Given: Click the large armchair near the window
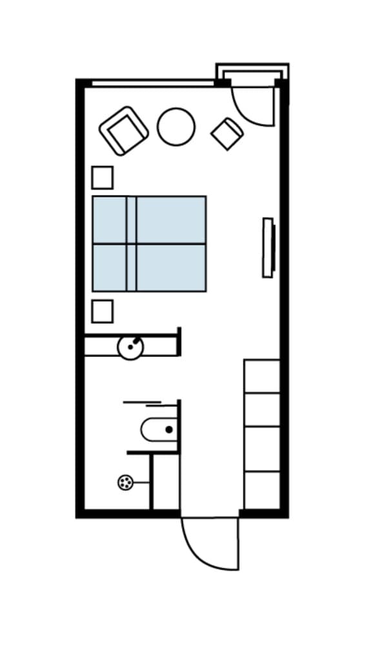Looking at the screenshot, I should [124, 131].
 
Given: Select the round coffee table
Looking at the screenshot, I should [176, 126].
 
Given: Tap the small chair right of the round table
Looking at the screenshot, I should [227, 134].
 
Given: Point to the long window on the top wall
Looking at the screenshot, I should [152, 83].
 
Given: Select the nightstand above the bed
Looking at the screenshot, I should [102, 177].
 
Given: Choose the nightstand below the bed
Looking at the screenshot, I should [102, 311].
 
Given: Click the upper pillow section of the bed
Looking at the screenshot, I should [110, 219].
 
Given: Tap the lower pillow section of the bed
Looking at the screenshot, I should [110, 267].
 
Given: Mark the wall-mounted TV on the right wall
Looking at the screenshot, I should [268, 248].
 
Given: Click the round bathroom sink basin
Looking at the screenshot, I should [131, 347].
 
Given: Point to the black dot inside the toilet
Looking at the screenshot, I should [169, 429].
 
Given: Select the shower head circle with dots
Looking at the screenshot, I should [125, 482].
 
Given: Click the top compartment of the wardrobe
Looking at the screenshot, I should [262, 376].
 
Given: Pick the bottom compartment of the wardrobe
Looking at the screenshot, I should [262, 490].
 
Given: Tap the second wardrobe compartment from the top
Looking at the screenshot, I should [262, 410].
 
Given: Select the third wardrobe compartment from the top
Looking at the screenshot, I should [262, 449].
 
